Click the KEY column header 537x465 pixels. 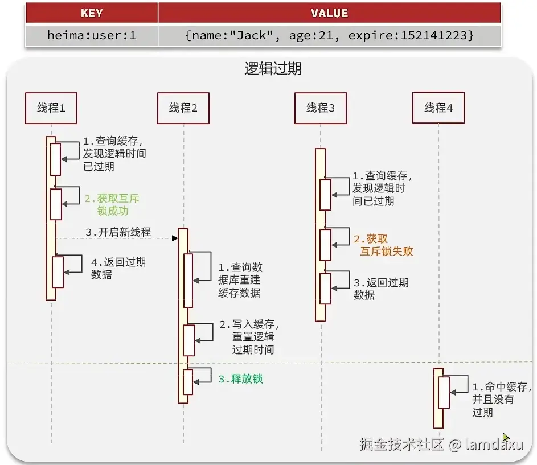click(92, 13)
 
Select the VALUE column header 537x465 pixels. click(329, 13)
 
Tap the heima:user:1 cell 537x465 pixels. click(92, 35)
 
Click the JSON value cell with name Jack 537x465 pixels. click(329, 35)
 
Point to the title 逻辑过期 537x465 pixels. click(273, 69)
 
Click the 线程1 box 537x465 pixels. click(51, 108)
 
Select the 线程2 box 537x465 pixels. click(183, 108)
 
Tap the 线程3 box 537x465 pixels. click(321, 108)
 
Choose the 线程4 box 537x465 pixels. click(438, 108)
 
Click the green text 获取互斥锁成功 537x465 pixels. click(112, 205)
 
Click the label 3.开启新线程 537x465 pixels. click(118, 232)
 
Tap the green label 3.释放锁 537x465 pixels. click(240, 379)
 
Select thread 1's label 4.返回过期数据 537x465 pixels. click(118, 269)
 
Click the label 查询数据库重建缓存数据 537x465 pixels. click(240, 280)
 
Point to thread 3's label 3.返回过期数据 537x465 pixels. click(380, 289)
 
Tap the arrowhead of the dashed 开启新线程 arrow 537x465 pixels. click(175, 238)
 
